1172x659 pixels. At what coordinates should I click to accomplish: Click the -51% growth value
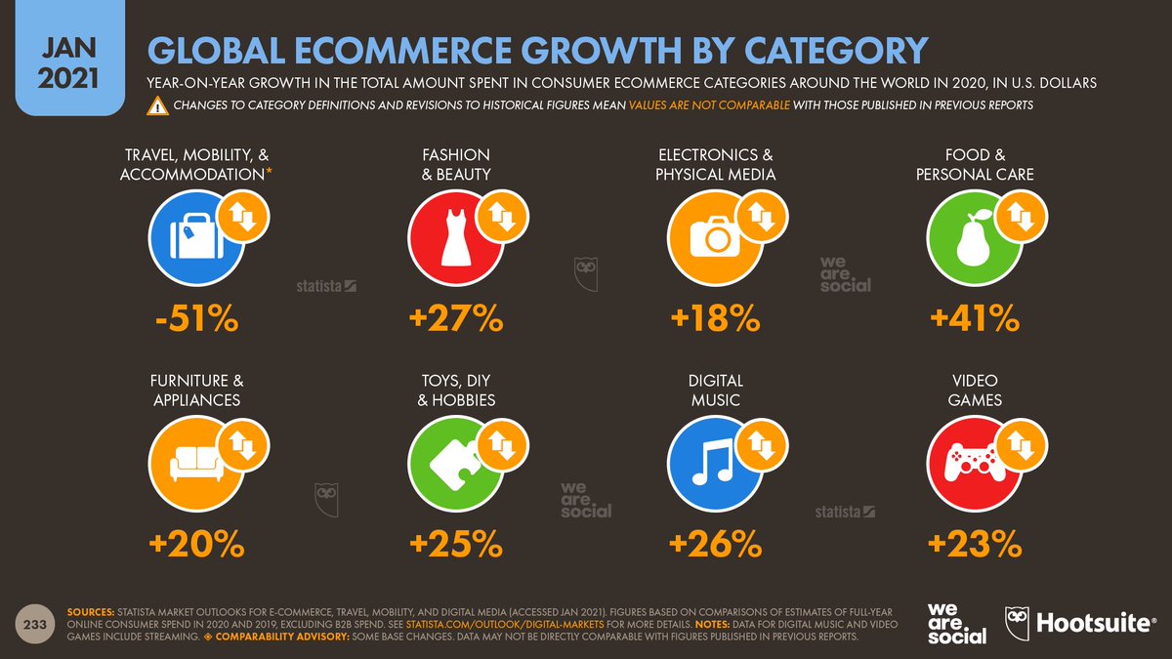[x=196, y=318]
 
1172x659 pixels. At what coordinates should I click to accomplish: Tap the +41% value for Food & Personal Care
[x=974, y=318]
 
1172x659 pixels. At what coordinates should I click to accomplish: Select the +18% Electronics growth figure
[x=715, y=318]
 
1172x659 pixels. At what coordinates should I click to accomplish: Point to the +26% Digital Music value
[x=715, y=544]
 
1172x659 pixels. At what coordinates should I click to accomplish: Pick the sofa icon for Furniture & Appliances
[x=195, y=463]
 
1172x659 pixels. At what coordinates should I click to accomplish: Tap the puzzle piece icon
[x=455, y=463]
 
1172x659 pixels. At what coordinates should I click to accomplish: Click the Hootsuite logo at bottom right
[x=1079, y=624]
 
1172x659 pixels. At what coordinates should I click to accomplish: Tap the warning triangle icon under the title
[x=157, y=105]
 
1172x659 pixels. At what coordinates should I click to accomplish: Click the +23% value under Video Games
[x=974, y=544]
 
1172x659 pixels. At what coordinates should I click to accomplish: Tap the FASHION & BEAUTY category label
[x=456, y=164]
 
